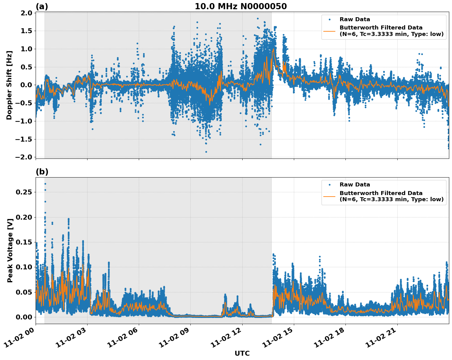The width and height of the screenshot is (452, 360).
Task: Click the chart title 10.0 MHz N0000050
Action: [x=241, y=6]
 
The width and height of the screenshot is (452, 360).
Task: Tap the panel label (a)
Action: [x=42, y=6]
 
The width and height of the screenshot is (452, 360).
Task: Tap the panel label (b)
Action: [x=42, y=172]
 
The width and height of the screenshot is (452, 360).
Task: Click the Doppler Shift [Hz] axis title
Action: [x=9, y=85]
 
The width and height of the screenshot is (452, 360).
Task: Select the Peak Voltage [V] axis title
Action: [x=10, y=250]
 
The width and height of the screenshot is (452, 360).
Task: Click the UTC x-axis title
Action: [x=242, y=353]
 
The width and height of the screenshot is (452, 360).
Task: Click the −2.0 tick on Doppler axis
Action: [x=25, y=157]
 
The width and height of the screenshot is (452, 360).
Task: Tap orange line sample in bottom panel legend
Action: [x=329, y=196]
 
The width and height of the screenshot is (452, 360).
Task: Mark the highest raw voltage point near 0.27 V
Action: [x=45, y=184]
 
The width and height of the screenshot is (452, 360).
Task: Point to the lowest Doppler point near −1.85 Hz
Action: [x=206, y=152]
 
